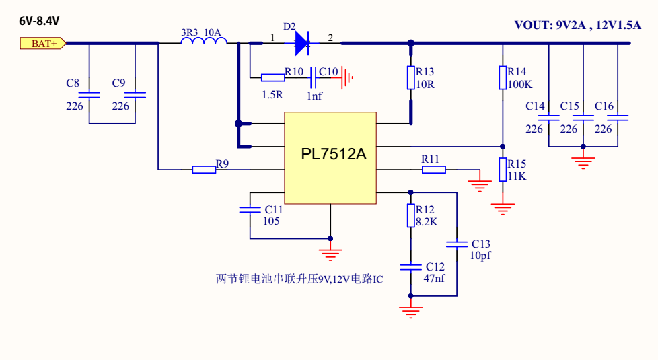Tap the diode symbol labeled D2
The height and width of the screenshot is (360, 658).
coord(301,44)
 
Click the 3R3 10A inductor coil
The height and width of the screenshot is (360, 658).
coord(204,43)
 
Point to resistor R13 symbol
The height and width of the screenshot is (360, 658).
coord(411,77)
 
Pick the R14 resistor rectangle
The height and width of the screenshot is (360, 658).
coord(503,77)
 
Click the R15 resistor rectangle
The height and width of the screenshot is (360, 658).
coord(503,170)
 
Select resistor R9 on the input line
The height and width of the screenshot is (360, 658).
coord(204,170)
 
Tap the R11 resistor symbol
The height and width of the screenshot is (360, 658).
coord(433,170)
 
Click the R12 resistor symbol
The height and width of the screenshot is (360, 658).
coord(411,215)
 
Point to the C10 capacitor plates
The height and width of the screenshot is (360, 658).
coord(314,81)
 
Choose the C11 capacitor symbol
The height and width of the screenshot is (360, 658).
coord(250,210)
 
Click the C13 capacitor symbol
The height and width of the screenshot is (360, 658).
coord(457,244)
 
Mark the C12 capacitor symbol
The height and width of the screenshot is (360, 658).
coord(411,267)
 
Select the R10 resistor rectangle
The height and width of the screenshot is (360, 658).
coord(272,77)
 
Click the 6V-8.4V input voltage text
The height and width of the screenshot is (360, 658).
coord(39,21)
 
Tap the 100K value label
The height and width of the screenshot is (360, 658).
coord(520,85)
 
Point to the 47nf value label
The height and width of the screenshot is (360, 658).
coord(435,279)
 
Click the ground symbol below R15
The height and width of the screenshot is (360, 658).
coord(503,207)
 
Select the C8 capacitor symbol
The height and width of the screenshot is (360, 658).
coord(89,96)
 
